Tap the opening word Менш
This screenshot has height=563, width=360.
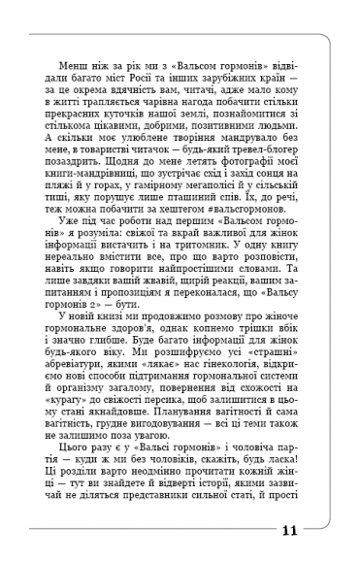tap(78, 59)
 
